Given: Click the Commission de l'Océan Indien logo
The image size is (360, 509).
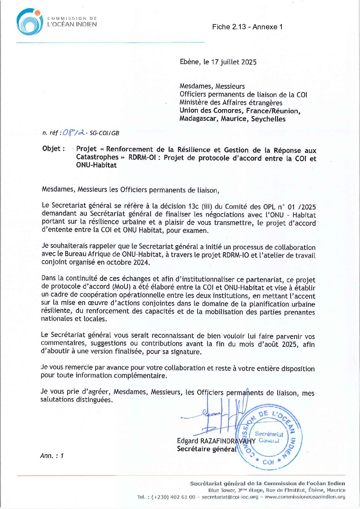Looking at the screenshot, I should click(30, 22).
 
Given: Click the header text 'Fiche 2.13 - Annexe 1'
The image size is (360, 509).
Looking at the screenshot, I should click(247, 27).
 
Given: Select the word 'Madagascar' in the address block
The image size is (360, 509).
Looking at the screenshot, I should click(199, 119).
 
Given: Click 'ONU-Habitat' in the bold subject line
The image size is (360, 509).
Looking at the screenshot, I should click(96, 165).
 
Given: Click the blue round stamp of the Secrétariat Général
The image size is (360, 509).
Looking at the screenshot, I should click(269, 437).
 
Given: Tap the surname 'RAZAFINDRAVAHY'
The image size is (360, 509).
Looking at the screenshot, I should click(228, 441).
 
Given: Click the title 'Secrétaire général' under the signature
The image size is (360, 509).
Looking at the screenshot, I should click(206, 449).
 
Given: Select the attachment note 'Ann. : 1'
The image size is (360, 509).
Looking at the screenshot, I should click(52, 456).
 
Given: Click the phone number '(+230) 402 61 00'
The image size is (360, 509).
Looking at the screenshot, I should click(173, 497).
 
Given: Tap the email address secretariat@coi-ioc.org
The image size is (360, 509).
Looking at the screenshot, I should click(230, 497).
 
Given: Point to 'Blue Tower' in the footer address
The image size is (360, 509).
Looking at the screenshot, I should click(221, 490).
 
